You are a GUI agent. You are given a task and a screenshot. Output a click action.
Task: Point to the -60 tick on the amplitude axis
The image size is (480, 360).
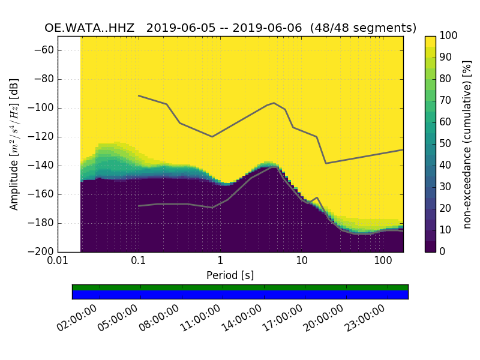tap(46, 50)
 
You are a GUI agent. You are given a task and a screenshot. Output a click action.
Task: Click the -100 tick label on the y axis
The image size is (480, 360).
tap(44, 108)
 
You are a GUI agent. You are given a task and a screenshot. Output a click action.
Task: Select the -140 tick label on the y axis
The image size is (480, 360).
tap(44, 166)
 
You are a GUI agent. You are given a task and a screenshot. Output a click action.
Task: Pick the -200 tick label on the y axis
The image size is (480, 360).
tap(44, 251)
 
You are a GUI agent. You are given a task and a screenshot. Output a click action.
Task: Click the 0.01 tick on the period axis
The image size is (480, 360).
tap(58, 261)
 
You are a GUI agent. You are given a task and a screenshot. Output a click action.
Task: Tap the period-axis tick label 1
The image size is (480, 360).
tap(220, 261)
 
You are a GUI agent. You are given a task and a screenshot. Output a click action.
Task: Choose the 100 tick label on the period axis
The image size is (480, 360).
tap(383, 261)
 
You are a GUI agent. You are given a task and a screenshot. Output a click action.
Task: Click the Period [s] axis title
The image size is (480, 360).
tap(230, 275)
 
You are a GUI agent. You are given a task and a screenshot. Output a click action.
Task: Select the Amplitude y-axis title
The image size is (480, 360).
tap(14, 144)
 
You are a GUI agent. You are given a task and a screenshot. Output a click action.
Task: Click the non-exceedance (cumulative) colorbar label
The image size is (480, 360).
tap(467, 144)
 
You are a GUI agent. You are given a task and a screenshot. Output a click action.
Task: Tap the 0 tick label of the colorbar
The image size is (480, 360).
tap(441, 251)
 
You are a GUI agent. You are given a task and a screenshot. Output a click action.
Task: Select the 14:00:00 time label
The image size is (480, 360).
tap(242, 318)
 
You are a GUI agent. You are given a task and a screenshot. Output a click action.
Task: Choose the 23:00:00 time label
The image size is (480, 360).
tap(365, 318)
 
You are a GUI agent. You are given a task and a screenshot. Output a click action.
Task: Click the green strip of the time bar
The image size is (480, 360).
tap(240, 287)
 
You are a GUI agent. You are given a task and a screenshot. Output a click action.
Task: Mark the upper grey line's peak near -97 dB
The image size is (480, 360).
tap(274, 103)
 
